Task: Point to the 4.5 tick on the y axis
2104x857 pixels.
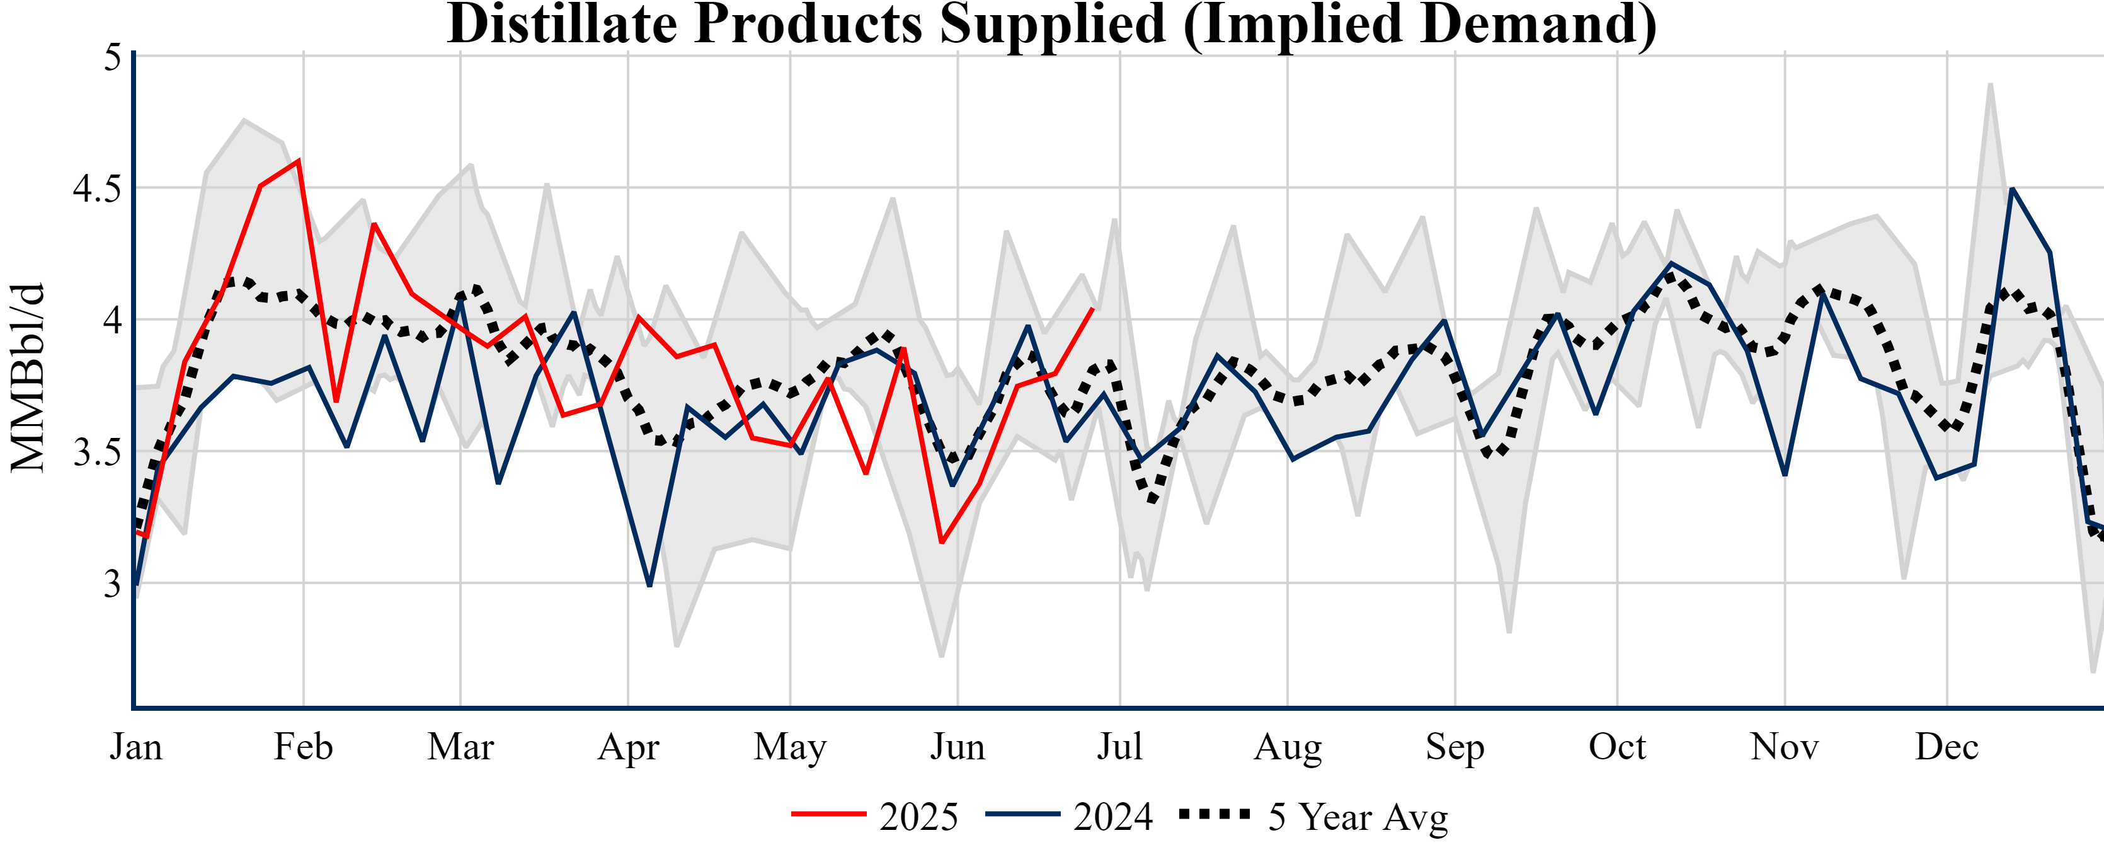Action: point(96,188)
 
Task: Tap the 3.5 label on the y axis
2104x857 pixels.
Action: point(96,452)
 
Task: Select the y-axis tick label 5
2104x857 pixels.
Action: point(113,57)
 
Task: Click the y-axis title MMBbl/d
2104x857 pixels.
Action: point(28,377)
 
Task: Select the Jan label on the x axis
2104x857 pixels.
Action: point(135,747)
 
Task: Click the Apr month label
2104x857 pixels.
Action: point(628,747)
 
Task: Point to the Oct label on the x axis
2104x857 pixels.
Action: point(1617,747)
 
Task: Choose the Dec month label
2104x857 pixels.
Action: point(1947,747)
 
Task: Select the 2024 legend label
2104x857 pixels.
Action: point(1112,816)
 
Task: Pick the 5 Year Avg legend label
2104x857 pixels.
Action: point(1358,816)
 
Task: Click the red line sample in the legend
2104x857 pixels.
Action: point(828,814)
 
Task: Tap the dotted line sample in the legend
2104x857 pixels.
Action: point(1215,814)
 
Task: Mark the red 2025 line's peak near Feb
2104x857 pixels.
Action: point(299,160)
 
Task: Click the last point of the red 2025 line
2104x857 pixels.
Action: point(1092,309)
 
